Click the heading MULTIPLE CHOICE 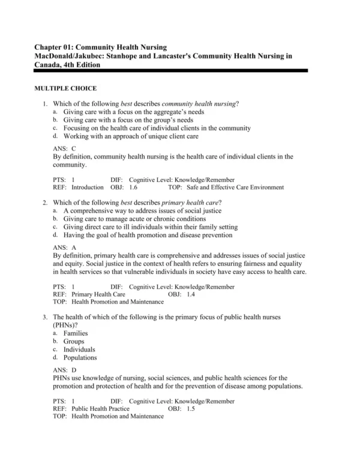[x=65, y=89]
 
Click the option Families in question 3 [x=76, y=333]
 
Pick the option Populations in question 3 [x=80, y=358]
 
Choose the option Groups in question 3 [x=74, y=342]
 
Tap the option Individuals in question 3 [x=79, y=349]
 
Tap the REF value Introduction [x=88, y=187]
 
